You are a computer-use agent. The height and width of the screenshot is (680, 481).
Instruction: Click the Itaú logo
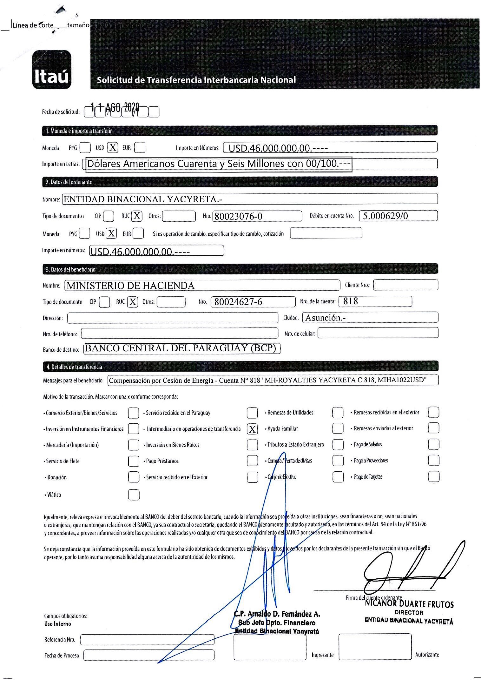point(52,70)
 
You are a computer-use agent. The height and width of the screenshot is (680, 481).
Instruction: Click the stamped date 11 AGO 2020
point(115,108)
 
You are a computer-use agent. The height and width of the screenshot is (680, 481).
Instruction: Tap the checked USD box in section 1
point(112,147)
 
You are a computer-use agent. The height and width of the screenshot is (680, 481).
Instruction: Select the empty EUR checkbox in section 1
point(140,147)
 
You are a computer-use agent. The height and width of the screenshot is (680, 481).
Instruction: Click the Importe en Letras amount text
point(219,164)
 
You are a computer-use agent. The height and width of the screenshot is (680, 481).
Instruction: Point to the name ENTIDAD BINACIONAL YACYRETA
point(143,199)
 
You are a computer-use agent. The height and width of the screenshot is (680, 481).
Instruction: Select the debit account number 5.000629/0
point(385,216)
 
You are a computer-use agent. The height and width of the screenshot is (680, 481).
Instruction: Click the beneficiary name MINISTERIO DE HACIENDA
point(130,286)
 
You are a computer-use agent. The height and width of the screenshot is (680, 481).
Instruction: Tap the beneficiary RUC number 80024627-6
point(238,302)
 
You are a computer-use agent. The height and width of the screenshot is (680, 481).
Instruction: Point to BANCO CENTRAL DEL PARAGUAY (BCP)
point(181,348)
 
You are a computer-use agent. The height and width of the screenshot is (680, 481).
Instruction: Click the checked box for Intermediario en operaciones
point(252,429)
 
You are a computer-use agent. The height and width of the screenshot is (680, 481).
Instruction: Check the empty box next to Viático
point(134,495)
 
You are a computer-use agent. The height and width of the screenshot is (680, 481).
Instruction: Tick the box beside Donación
point(134,477)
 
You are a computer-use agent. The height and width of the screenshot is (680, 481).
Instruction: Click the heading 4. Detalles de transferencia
point(75,367)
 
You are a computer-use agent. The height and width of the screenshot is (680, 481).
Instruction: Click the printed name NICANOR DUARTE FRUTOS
point(409,604)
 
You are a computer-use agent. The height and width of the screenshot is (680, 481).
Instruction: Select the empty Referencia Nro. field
point(147,639)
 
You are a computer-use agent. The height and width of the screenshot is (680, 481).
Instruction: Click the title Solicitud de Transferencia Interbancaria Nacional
point(196,80)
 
